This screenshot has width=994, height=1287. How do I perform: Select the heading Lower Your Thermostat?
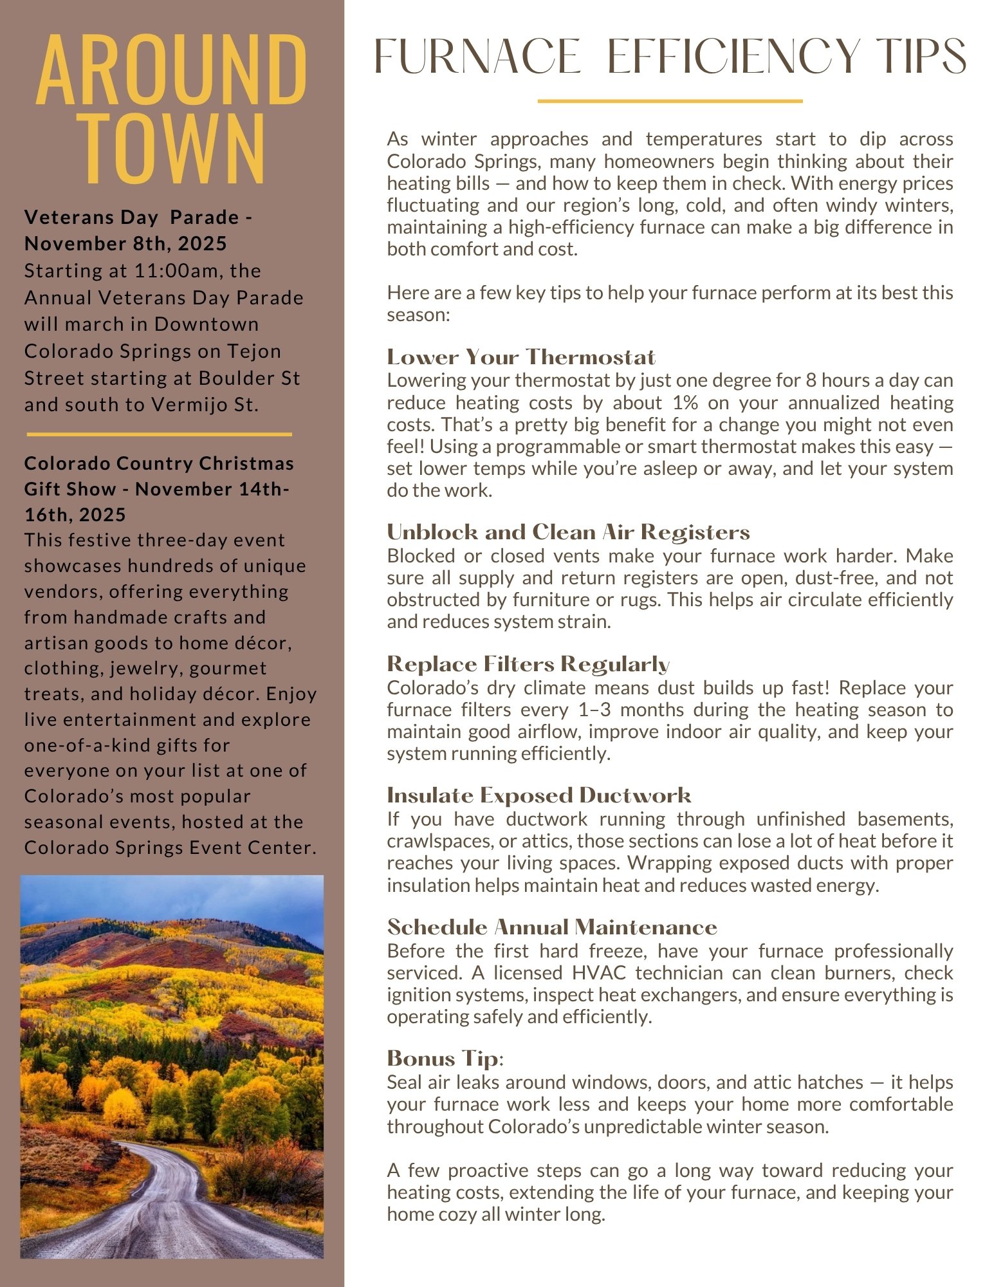point(521,357)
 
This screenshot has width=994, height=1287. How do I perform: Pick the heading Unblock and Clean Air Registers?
point(568,532)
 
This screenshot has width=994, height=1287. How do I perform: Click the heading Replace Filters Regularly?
point(528,664)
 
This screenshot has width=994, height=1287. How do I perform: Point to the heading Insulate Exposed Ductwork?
point(539,796)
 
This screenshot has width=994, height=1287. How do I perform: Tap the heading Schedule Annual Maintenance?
point(552,927)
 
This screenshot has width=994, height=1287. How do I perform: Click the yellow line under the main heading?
point(670,101)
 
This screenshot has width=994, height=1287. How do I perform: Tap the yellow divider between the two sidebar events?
point(159,434)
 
